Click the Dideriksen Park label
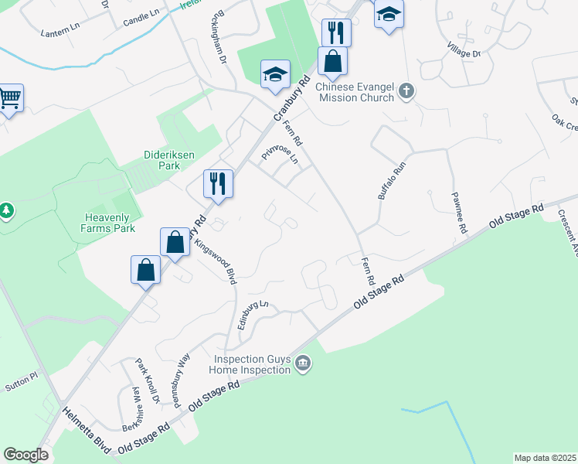coord(161,159)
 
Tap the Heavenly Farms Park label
coord(108,222)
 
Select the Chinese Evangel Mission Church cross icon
coord(406,92)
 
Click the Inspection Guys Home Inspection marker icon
coord(303,363)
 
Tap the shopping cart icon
coord(10,99)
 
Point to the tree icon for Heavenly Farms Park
coord(6,210)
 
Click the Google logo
coord(25,455)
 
